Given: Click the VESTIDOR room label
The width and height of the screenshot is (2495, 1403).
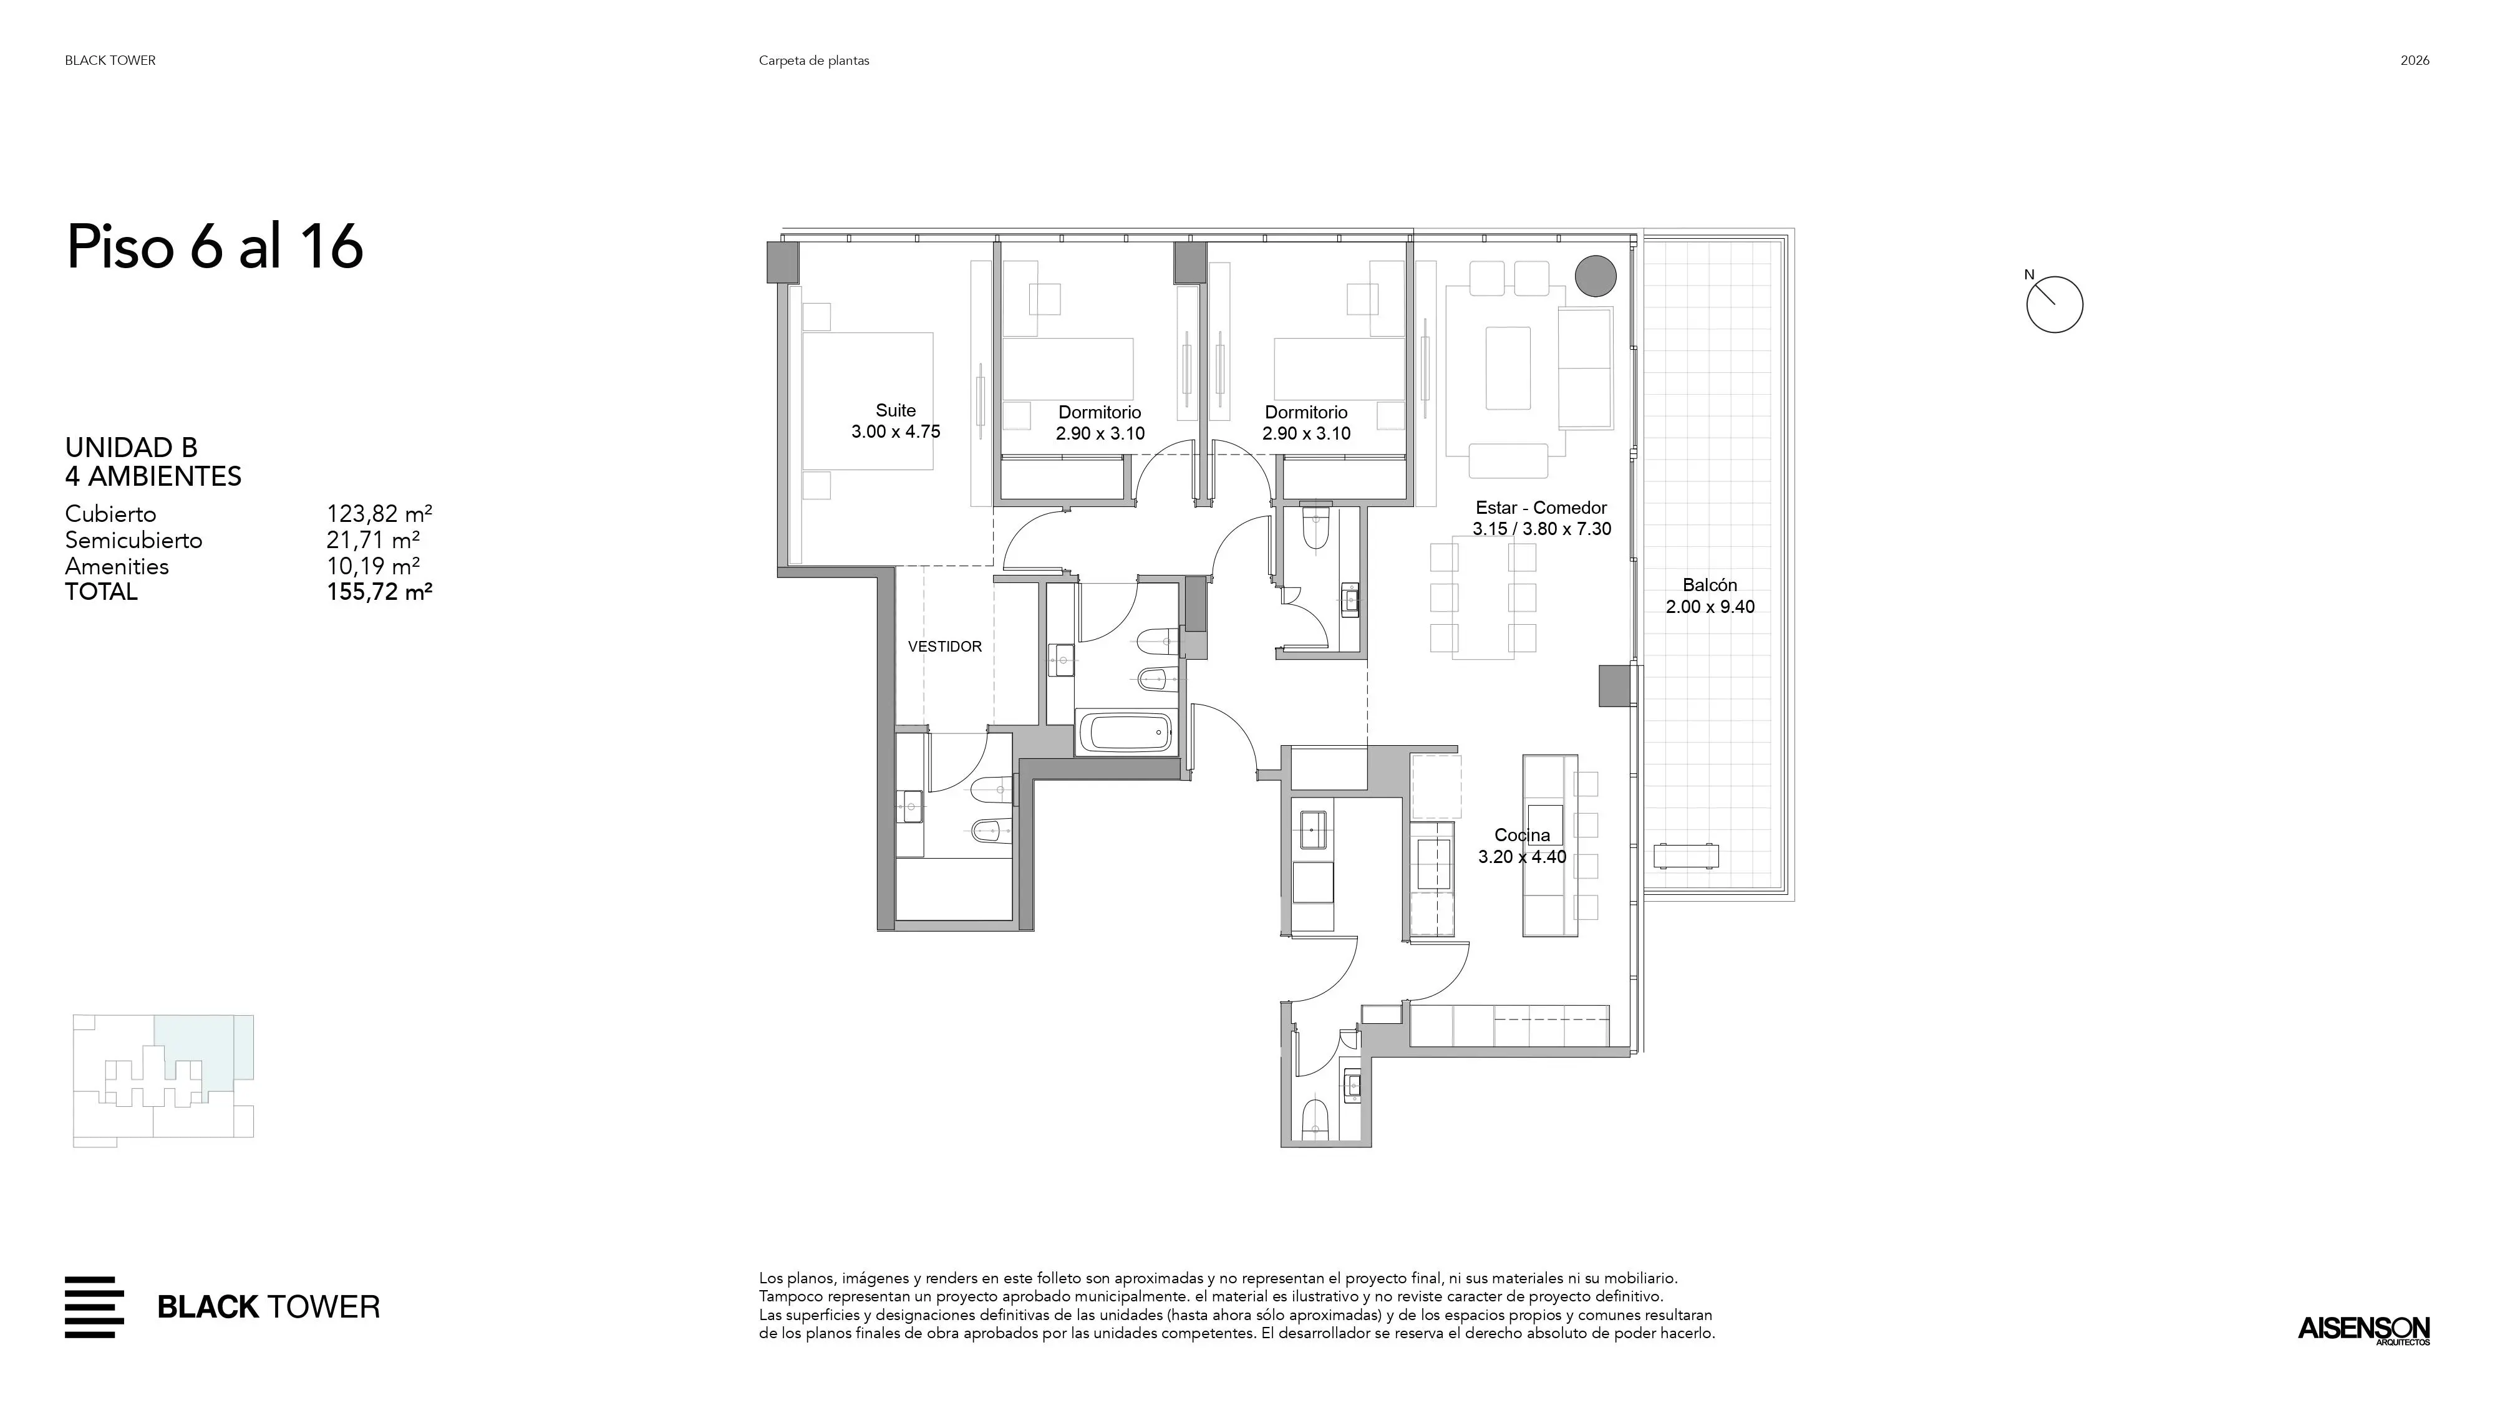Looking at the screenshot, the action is point(944,647).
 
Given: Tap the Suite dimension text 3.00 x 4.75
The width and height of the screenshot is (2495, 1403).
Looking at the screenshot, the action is point(896,432).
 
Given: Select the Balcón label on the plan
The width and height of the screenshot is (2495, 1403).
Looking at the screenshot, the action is point(1710,585).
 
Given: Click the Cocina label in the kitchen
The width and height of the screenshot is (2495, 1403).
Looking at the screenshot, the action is point(1521,835).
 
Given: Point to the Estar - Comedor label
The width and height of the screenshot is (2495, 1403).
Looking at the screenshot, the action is point(1541,508).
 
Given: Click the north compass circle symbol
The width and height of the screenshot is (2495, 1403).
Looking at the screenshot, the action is point(2054,305).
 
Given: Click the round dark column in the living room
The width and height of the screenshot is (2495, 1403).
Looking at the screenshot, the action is point(1595,276).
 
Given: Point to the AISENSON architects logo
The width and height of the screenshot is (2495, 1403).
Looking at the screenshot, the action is point(2364,1329).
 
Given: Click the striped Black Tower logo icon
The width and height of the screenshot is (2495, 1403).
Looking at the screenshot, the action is point(94,1307).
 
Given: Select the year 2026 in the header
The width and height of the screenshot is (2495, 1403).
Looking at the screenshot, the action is point(2415,60).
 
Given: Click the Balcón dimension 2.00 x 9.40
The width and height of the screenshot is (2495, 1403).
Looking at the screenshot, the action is point(1710,607).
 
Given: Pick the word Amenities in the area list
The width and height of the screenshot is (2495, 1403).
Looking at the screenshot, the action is point(117,566).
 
